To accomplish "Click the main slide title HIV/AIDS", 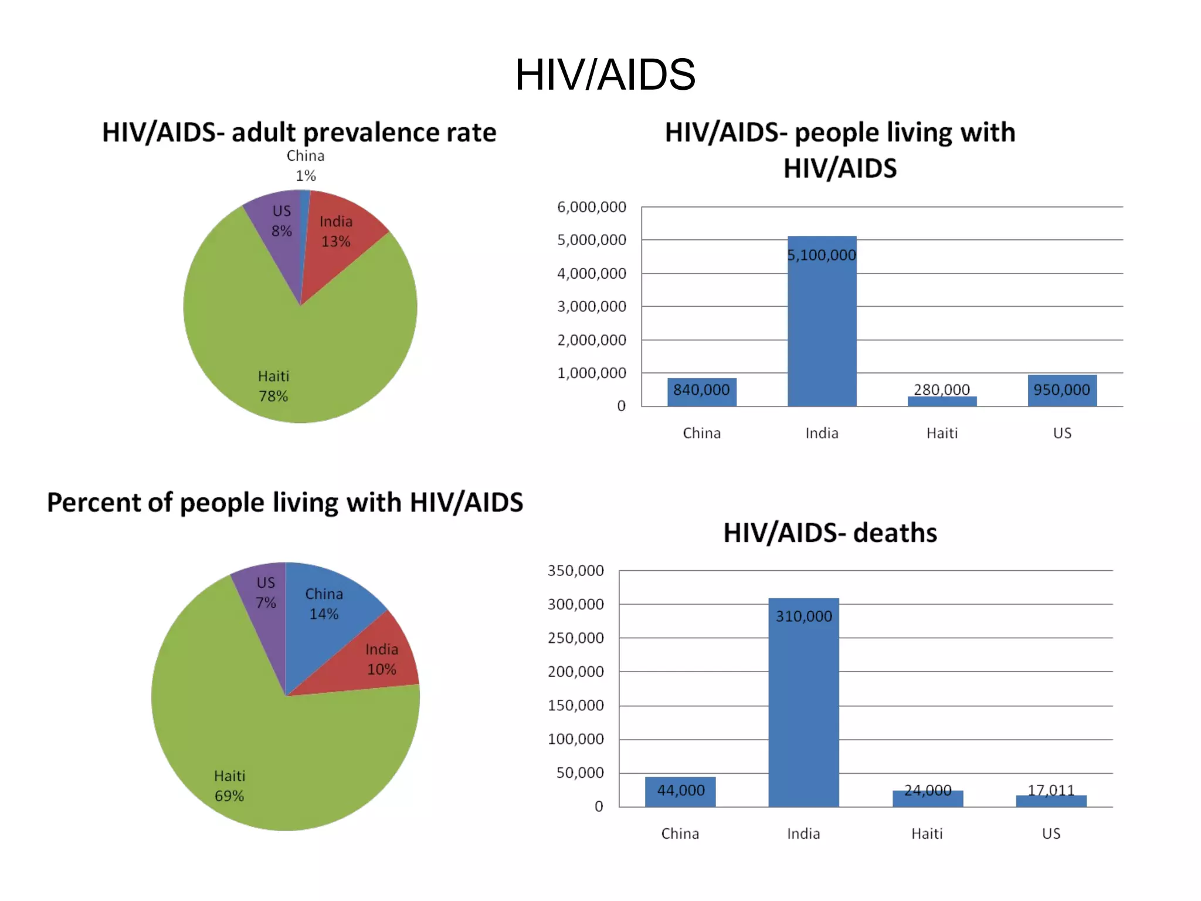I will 605,75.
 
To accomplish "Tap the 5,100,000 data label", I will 822,255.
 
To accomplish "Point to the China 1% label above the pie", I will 306,165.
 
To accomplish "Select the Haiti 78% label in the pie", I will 273,386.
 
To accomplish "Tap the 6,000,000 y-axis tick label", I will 591,207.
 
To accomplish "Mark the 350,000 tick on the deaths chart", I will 575,571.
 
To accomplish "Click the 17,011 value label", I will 1051,790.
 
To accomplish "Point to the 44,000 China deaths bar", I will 680,792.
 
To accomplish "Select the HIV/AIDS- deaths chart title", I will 830,533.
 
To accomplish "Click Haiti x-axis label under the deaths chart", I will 927,834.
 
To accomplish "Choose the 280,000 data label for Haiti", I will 942,389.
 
